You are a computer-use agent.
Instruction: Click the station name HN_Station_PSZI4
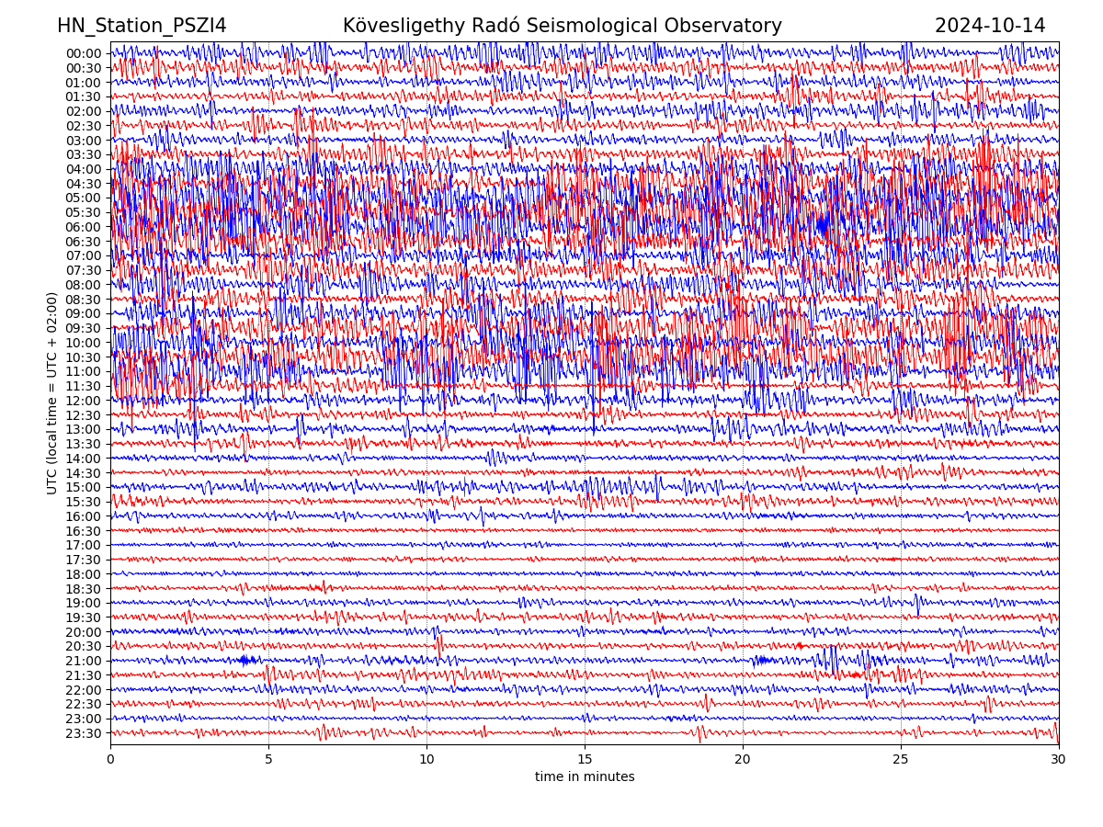pos(142,26)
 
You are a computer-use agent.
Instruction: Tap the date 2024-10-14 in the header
pos(990,26)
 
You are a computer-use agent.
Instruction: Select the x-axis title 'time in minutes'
pos(585,776)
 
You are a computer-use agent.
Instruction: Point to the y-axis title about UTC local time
pos(52,393)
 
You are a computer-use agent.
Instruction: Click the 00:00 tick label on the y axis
pos(84,53)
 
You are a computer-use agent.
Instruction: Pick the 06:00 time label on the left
pos(84,227)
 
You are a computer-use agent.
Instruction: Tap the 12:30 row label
pos(84,415)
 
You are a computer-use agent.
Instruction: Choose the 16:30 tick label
pos(84,531)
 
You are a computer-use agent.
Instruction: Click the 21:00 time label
pos(84,661)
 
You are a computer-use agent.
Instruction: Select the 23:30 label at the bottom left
pos(84,733)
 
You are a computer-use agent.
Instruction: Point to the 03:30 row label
pos(84,154)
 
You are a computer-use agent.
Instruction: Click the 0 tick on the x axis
pos(110,760)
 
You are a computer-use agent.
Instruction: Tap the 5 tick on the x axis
pos(268,760)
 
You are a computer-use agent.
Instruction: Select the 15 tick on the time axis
pos(585,760)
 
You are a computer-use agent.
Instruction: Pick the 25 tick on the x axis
pos(901,760)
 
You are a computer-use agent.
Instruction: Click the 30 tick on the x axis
pos(1059,760)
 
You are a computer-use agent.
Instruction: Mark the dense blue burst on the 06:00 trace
pos(823,224)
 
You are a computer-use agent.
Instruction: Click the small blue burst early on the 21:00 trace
pos(245,660)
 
